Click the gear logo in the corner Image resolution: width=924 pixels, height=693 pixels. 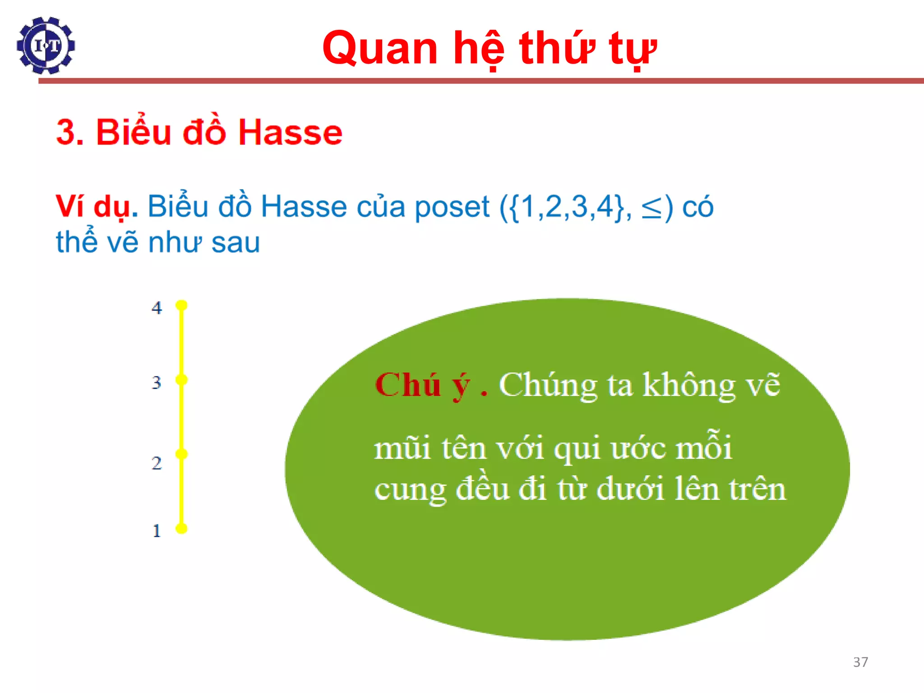[46, 46]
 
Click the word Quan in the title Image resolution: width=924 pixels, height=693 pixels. [380, 48]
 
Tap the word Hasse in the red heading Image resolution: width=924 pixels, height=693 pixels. [290, 133]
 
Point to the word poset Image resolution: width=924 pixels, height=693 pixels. [452, 207]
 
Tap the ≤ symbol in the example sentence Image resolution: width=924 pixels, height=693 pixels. [651, 208]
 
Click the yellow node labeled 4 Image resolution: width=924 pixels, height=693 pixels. [181, 305]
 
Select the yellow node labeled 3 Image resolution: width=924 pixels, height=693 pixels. [181, 380]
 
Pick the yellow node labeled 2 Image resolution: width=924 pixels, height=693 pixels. [181, 454]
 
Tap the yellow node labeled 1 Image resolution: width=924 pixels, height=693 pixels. [181, 528]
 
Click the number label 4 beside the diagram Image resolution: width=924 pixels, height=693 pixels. [157, 308]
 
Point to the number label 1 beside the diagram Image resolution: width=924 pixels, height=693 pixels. [157, 531]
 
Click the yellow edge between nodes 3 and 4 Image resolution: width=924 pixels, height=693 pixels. [181, 343]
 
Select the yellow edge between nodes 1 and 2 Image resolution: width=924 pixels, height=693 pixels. [181, 491]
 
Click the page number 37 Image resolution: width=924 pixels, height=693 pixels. [860, 662]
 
